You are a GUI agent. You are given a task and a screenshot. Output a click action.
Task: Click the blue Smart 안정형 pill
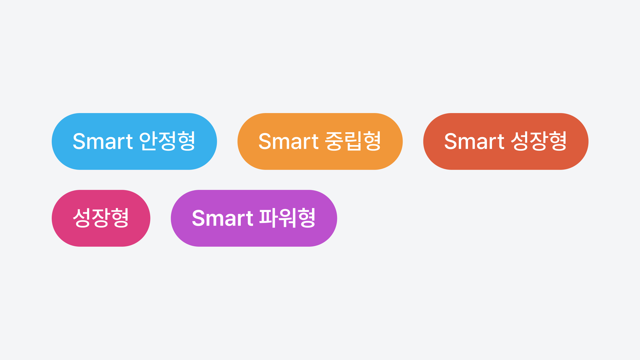134,141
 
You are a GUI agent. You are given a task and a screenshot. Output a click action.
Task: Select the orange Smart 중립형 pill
320,141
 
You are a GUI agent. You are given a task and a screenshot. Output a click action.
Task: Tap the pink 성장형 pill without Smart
101,218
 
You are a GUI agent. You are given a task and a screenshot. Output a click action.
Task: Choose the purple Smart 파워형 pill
254,218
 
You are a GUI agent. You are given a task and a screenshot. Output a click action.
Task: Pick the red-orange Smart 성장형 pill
506,141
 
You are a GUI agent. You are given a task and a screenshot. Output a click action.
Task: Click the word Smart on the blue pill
103,141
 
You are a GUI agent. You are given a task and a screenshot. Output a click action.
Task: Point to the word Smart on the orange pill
289,141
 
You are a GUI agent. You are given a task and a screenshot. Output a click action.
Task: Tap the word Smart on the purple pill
222,218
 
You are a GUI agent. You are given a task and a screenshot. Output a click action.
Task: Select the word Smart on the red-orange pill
474,141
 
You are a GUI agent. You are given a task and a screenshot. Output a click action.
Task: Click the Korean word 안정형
167,141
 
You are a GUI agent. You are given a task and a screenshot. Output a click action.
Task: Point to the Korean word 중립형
353,141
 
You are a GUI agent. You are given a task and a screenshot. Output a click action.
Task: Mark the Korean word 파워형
287,218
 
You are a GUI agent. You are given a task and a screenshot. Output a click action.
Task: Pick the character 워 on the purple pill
287,218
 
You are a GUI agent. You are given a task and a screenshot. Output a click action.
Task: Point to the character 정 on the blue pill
167,141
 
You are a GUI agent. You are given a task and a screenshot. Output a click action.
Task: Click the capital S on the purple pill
198,218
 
